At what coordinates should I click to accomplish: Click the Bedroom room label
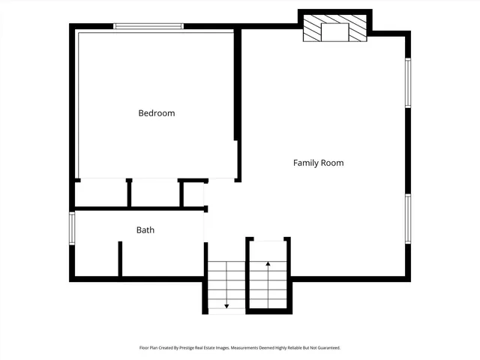(x=156, y=113)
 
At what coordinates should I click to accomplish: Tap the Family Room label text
(x=318, y=163)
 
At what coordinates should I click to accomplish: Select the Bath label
(x=145, y=230)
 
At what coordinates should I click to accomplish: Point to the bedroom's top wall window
(x=148, y=27)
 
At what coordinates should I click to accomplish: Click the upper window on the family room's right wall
(x=408, y=82)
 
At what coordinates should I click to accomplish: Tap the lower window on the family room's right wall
(x=408, y=218)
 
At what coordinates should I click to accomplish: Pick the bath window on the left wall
(x=73, y=228)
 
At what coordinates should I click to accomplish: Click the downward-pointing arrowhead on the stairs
(x=226, y=306)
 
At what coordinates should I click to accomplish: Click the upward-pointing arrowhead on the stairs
(x=268, y=264)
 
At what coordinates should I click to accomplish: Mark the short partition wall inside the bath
(x=120, y=259)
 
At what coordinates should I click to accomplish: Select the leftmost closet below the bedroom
(x=102, y=193)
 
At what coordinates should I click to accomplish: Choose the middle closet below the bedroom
(x=155, y=193)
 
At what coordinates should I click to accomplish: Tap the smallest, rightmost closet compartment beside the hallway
(x=193, y=194)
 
